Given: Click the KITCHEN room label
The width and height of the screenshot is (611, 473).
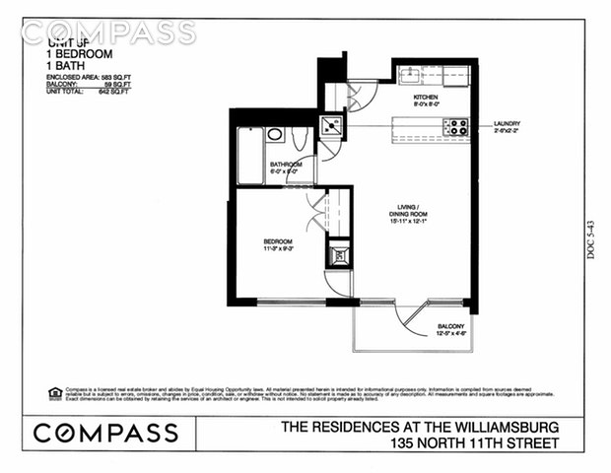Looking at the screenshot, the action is pos(426,97).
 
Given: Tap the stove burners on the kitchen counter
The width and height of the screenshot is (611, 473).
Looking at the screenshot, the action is pos(456,126).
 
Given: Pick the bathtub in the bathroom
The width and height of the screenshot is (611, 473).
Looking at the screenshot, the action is pos(250,155).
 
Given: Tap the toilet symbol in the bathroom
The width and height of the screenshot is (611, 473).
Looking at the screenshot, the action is pos(275,135).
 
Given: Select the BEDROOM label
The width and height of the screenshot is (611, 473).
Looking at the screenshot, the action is pos(277,240).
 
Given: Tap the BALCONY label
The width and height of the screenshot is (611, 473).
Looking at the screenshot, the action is pos(449,326).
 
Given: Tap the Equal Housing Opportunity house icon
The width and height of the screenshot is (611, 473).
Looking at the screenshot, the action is pos(55,393).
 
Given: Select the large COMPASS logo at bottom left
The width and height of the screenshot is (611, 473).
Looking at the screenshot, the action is pos(106,432).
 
